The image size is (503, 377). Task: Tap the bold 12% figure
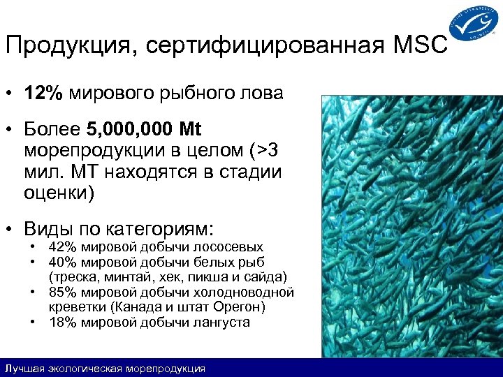pos(39,94)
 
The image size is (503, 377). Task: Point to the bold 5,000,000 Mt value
pos(143,130)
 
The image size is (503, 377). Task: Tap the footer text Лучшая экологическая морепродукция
pos(105,368)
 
